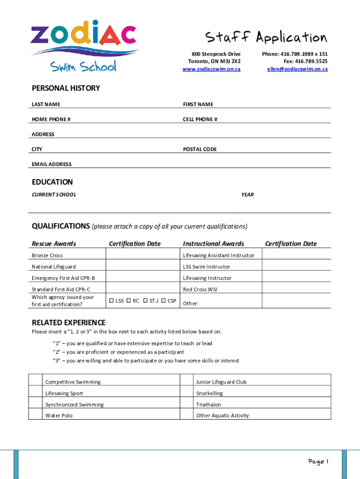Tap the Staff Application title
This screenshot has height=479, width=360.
point(266,37)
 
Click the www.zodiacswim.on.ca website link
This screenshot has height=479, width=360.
point(211,69)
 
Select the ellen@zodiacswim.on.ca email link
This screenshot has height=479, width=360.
point(297,69)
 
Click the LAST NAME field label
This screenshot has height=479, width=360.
point(46,104)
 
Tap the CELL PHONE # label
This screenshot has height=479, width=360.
point(200,119)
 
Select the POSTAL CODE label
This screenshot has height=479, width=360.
point(200,149)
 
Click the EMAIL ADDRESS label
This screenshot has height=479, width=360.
point(51,164)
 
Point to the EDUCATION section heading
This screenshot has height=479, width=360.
point(52,182)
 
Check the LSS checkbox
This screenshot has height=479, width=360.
point(111,301)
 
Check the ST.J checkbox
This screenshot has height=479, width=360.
point(145,301)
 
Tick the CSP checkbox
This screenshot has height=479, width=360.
point(164,301)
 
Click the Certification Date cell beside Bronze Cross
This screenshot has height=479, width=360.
point(143,255)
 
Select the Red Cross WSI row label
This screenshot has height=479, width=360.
point(200,290)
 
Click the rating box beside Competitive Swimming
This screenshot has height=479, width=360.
point(35,380)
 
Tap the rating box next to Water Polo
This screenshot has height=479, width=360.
point(35,414)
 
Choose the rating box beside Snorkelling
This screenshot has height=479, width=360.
point(187,392)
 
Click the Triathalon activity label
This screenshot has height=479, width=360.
point(209,405)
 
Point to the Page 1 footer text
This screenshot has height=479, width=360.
point(318,462)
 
